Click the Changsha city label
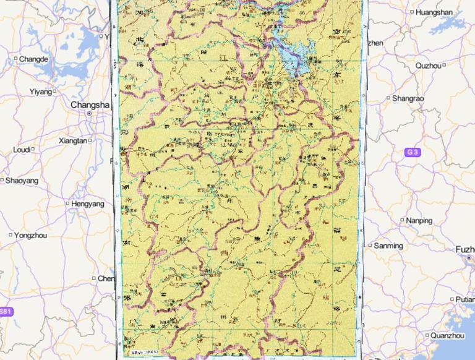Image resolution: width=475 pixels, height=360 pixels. click(x=90, y=105)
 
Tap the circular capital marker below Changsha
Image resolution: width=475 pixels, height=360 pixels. click(x=90, y=114)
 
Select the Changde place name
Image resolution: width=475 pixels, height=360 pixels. click(x=33, y=59)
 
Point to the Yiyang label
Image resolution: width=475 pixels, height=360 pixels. click(x=41, y=92)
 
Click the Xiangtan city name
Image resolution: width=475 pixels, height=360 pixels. click(x=72, y=140)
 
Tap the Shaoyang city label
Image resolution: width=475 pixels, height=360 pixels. click(x=22, y=181)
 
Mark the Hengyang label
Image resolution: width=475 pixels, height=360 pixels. click(x=88, y=204)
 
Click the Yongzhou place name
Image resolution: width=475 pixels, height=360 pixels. click(x=30, y=235)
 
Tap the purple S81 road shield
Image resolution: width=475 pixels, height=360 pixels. click(x=5, y=311)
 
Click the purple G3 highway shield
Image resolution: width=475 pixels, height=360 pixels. click(x=412, y=152)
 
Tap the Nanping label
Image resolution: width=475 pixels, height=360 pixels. click(x=419, y=220)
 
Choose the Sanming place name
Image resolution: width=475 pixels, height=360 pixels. click(x=388, y=246)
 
